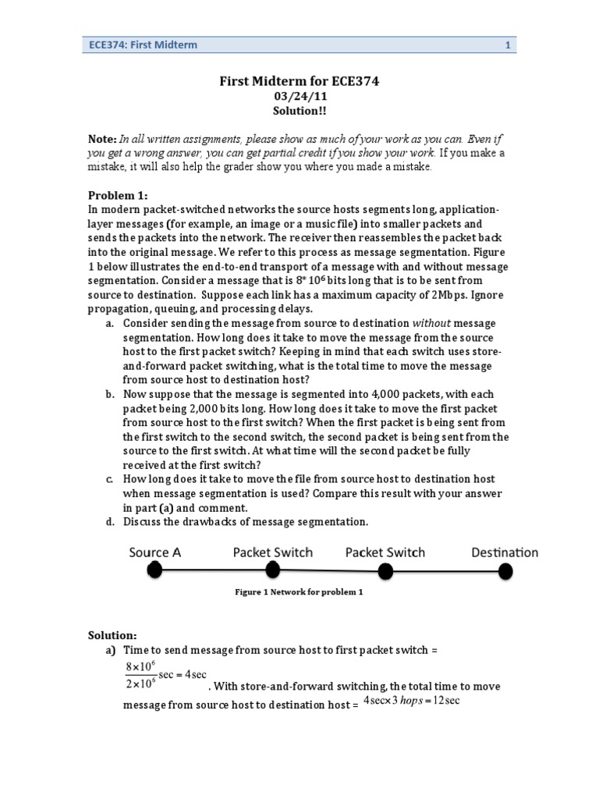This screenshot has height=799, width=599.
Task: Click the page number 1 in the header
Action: [508, 45]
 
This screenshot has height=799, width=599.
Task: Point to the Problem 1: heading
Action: [117, 195]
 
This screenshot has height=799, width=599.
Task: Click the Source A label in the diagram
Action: [155, 552]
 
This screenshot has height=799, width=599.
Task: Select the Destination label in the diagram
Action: [505, 552]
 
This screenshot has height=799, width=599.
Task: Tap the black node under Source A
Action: [155, 571]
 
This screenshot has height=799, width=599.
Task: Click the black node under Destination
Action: [505, 573]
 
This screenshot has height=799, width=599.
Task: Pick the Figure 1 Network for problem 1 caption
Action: [299, 592]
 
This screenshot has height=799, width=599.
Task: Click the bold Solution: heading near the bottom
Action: [112, 637]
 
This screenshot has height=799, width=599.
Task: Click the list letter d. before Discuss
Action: [111, 521]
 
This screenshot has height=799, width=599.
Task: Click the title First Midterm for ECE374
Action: [300, 81]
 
